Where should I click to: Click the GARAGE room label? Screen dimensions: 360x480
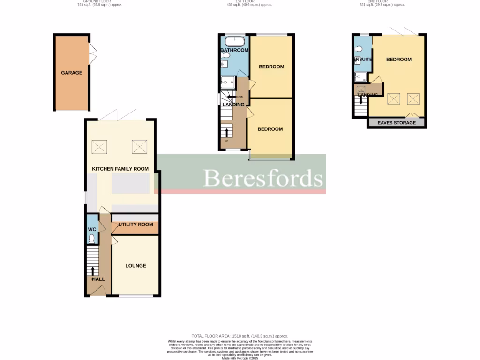point(71,73)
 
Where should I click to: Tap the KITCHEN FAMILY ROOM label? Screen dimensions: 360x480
point(120,169)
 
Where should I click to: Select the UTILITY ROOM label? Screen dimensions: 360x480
point(135,225)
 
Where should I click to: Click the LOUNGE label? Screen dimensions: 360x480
point(135,266)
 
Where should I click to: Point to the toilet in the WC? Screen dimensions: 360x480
point(92,239)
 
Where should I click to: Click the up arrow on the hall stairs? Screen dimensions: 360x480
point(92,270)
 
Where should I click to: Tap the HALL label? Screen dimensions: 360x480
point(98,279)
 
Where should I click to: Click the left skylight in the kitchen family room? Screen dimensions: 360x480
point(99,147)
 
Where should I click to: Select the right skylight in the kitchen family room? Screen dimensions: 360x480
point(139,147)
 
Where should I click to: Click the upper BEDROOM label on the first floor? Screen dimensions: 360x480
point(271,67)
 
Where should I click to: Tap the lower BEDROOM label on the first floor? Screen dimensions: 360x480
point(270,129)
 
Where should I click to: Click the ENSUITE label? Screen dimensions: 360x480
point(363,60)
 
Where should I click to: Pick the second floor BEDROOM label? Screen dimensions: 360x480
point(398,60)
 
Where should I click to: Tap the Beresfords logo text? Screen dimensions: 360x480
point(263,178)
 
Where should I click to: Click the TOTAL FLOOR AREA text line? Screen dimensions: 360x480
point(240,336)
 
